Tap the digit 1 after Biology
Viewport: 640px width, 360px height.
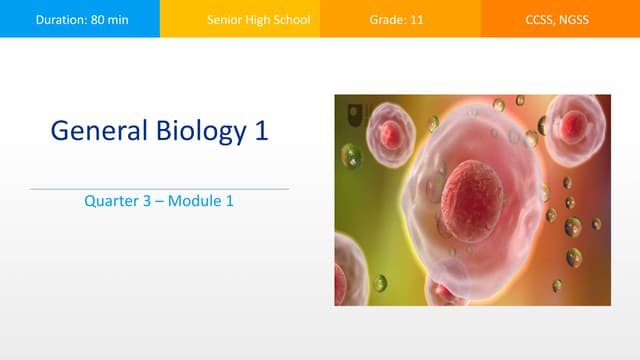click(x=261, y=130)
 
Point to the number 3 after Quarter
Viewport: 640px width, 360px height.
click(x=148, y=201)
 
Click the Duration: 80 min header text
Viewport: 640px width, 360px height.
click(x=79, y=19)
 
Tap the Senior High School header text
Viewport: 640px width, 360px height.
click(x=259, y=19)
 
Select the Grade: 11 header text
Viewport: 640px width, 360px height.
click(x=400, y=19)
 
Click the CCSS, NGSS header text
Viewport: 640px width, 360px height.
click(x=560, y=19)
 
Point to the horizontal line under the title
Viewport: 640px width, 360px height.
click(x=160, y=188)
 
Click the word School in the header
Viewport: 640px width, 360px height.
click(x=291, y=19)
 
